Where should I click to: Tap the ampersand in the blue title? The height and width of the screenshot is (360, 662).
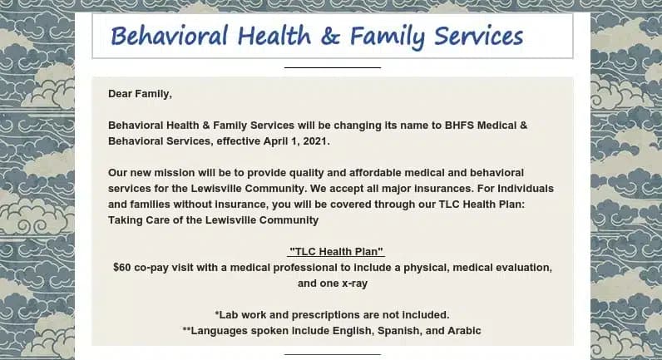point(329,37)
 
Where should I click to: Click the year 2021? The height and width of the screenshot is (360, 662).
point(314,141)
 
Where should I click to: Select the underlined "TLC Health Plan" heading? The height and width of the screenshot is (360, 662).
point(335,252)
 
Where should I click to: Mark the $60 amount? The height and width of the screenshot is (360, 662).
point(123,268)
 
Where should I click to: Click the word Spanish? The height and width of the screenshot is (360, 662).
point(403,331)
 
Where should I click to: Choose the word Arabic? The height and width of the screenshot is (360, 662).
point(464,331)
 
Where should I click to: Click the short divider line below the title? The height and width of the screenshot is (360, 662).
point(332,67)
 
